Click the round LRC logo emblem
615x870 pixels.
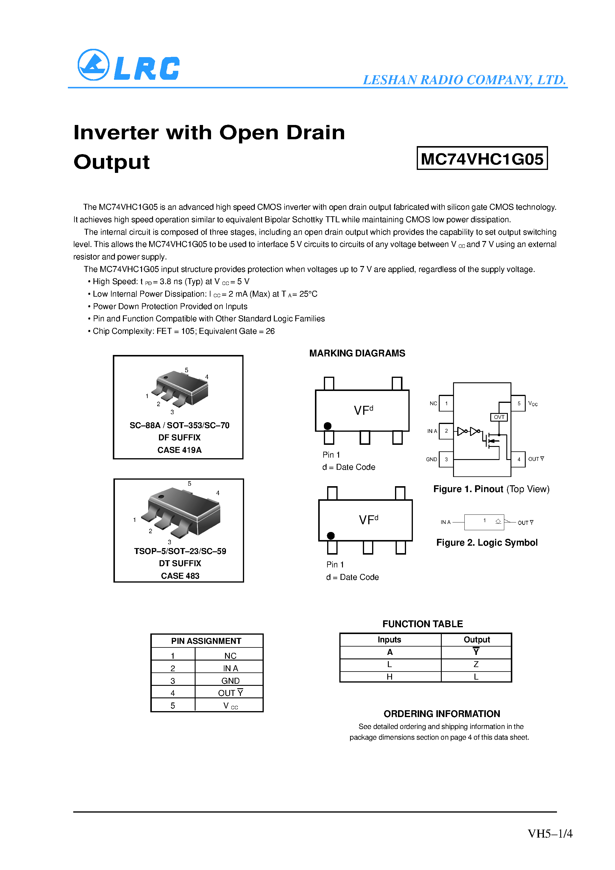tap(93, 65)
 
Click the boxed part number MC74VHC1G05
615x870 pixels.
tap(482, 158)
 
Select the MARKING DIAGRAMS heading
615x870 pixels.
tap(357, 353)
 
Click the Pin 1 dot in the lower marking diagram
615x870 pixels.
tap(331, 535)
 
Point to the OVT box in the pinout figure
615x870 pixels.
tap(499, 417)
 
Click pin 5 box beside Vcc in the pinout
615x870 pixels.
tap(518, 403)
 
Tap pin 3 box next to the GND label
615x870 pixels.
tap(446, 459)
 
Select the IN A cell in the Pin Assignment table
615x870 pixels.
tap(230, 668)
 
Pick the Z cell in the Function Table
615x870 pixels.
tap(476, 664)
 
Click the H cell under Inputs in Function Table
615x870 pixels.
tap(389, 677)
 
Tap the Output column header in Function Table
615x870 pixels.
tap(476, 640)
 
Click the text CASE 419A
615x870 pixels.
tap(179, 450)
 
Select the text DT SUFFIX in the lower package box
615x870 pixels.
tap(180, 564)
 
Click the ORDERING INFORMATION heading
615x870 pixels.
tap(441, 714)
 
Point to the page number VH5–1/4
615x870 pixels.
tap(550, 834)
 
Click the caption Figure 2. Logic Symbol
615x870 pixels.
tap(486, 543)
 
